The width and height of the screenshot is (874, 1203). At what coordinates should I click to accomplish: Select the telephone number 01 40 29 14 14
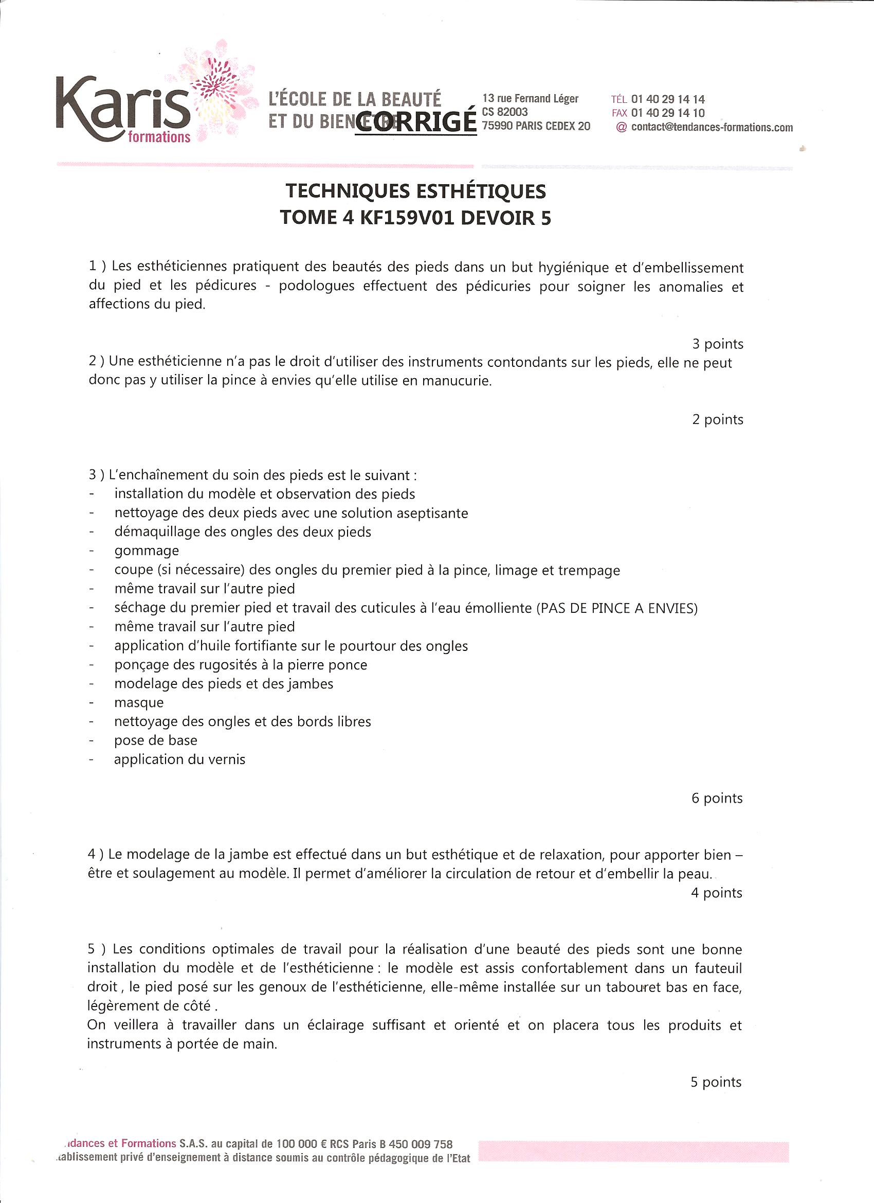click(x=668, y=99)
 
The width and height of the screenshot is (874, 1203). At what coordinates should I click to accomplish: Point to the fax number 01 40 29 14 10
click(x=668, y=113)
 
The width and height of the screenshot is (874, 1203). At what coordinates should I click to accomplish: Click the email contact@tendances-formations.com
click(x=712, y=127)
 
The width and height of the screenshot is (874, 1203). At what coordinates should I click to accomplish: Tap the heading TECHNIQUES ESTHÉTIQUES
click(x=415, y=191)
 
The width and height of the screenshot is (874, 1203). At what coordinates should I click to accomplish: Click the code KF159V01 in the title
click(x=407, y=218)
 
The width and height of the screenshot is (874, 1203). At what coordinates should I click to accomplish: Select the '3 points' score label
click(x=718, y=344)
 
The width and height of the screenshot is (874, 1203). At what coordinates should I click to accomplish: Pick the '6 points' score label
click(x=717, y=798)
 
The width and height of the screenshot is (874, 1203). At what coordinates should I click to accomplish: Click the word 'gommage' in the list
click(x=147, y=551)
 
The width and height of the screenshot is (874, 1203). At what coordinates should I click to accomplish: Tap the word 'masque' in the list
click(x=139, y=703)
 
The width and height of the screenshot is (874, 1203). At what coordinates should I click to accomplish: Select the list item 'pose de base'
click(x=156, y=740)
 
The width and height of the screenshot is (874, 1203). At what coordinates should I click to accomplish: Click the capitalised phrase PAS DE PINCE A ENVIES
click(x=617, y=608)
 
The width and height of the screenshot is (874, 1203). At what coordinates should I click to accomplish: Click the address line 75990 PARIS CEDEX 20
click(x=536, y=126)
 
